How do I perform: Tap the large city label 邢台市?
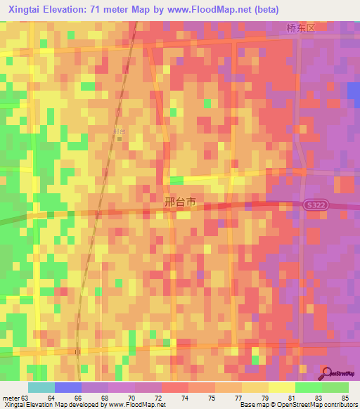tap(179, 202)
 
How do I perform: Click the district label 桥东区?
tap(302, 28)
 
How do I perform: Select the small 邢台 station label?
tap(118, 131)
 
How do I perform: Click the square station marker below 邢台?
tap(119, 138)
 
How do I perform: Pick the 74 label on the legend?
tap(185, 398)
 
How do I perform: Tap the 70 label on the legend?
tap(131, 398)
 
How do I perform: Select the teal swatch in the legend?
tap(41, 387)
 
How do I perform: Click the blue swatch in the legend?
tap(68, 387)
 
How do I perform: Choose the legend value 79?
tap(265, 398)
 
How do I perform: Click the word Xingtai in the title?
tap(25, 10)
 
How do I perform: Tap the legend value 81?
tap(292, 398)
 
